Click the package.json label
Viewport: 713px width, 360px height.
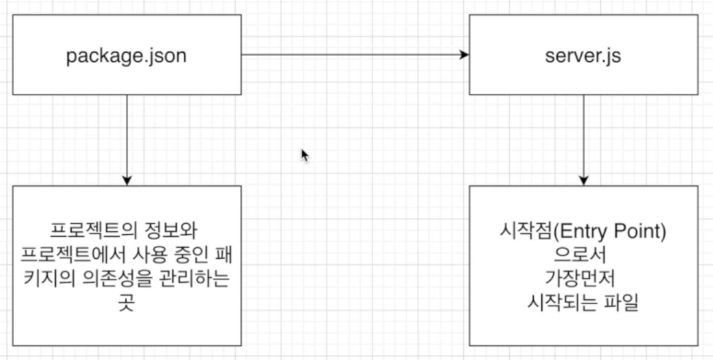tap(126, 56)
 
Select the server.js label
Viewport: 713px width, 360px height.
tap(583, 56)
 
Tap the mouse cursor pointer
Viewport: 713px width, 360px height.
tap(304, 155)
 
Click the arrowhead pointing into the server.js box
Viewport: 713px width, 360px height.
tap(464, 55)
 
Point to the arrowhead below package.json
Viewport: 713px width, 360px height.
tap(126, 180)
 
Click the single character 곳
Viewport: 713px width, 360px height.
tap(126, 302)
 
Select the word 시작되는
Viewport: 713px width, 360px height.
tap(561, 302)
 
